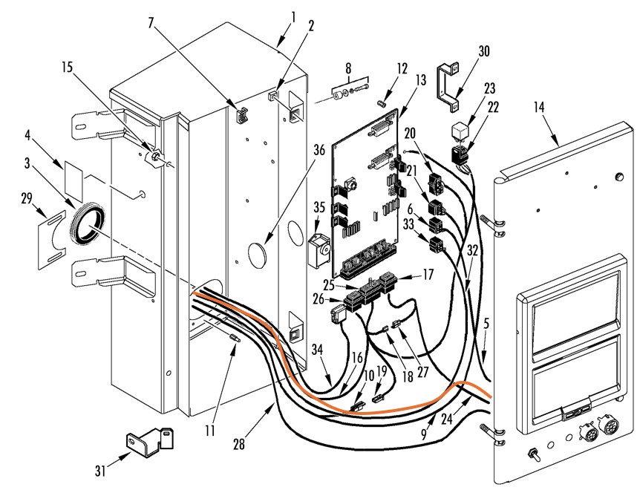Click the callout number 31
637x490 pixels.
click(101, 471)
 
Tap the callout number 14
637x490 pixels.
click(539, 107)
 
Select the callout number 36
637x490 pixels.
click(319, 150)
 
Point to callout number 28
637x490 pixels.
click(239, 444)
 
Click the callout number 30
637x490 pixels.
click(484, 51)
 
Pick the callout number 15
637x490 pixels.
click(68, 67)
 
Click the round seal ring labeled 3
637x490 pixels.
click(88, 225)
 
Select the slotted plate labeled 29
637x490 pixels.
click(53, 240)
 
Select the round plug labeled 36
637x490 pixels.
click(256, 255)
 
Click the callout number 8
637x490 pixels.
click(348, 68)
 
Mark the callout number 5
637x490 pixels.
click(486, 324)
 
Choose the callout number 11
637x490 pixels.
click(209, 431)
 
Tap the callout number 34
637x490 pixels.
click(318, 349)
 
